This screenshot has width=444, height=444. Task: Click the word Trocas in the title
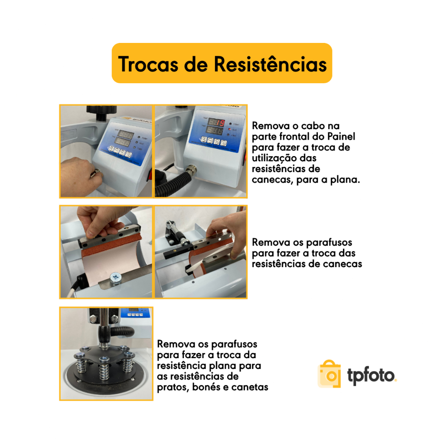(148, 64)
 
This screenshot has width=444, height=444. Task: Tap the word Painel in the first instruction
(341, 136)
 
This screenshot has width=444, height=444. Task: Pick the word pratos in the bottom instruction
(173, 387)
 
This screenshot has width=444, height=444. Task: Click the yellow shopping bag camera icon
(330, 374)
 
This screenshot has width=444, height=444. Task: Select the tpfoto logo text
(371, 375)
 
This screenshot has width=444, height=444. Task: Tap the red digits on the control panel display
(221, 123)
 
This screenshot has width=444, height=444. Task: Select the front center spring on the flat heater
(104, 368)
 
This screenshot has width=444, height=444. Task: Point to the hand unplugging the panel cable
(80, 176)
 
